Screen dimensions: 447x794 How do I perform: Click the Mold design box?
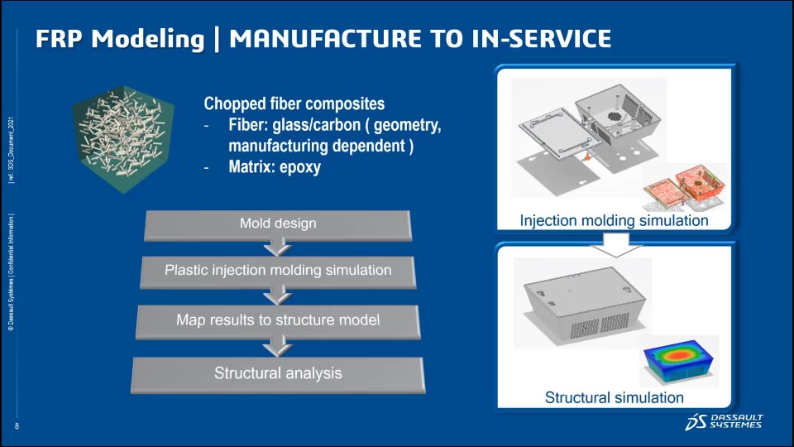coord(278,223)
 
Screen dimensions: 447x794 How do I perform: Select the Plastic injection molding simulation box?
coord(278,271)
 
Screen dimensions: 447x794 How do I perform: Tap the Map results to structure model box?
coord(278,320)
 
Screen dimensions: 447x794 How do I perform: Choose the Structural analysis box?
coord(278,373)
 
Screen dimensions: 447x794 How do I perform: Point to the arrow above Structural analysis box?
coord(278,346)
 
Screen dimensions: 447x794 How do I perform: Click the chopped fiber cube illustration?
coord(123,138)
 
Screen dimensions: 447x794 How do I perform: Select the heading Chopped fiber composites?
coord(294,105)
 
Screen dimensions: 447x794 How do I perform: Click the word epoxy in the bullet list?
coord(299,167)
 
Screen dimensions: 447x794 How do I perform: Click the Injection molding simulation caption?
coord(614,221)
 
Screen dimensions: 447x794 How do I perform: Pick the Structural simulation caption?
coord(614,397)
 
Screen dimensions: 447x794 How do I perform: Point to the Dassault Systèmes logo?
coord(724,421)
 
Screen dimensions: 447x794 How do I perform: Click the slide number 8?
coord(17,425)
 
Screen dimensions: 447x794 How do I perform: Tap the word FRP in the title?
coord(57,39)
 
